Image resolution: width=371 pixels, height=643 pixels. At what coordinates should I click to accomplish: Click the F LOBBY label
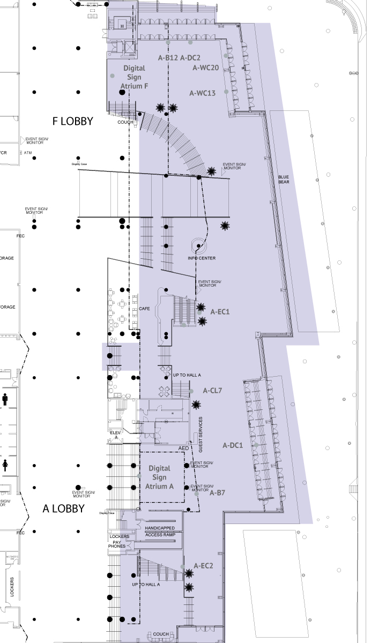tap(73, 122)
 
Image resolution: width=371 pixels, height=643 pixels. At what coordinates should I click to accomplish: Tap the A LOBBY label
tap(63, 509)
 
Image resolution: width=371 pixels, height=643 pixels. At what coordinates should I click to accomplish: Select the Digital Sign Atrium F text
tap(135, 77)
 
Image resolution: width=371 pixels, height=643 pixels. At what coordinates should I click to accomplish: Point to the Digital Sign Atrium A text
tap(160, 477)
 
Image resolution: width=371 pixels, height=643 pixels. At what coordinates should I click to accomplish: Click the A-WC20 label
tap(206, 68)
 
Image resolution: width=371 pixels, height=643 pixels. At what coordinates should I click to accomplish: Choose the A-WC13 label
tap(203, 93)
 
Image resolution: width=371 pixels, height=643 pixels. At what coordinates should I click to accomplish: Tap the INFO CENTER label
tap(202, 258)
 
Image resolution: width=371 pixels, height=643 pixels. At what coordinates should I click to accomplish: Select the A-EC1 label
tap(220, 311)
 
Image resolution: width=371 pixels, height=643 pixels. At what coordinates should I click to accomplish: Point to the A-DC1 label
tap(233, 445)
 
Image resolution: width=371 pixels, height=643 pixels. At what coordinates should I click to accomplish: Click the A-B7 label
tap(217, 492)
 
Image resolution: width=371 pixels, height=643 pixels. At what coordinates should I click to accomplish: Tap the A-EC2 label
tap(204, 565)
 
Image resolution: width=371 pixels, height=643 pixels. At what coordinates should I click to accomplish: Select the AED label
tap(183, 447)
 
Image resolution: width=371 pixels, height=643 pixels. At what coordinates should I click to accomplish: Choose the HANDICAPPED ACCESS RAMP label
tap(160, 531)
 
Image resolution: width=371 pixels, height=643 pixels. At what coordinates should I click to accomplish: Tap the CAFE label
tap(144, 309)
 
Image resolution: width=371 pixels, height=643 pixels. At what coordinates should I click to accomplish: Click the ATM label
tap(28, 153)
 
